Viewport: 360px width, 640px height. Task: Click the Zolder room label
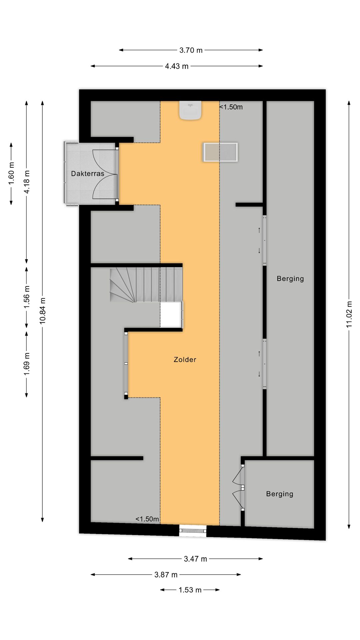coord(185,360)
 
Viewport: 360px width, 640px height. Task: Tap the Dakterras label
coord(88,174)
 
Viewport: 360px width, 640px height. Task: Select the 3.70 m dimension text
coord(191,50)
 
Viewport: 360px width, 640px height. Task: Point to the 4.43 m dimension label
coord(177,66)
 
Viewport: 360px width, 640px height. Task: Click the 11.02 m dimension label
coord(349,314)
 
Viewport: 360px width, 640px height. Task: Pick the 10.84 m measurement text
coord(43,311)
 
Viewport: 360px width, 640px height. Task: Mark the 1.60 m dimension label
coord(11,173)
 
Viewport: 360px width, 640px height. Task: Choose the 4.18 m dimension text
coord(27,182)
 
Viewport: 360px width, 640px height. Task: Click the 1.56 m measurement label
coord(27,297)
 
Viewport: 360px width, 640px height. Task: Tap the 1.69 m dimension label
coord(27,364)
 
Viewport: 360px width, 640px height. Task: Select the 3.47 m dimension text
coord(195,559)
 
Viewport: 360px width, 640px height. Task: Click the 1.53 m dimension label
coord(190,590)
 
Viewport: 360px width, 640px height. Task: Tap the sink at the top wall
coord(190,110)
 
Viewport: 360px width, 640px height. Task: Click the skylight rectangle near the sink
coord(220,152)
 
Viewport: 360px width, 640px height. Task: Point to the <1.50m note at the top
coord(231,107)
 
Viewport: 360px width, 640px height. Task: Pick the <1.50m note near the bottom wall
coord(147,519)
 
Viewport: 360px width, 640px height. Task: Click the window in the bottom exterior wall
coord(193,530)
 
